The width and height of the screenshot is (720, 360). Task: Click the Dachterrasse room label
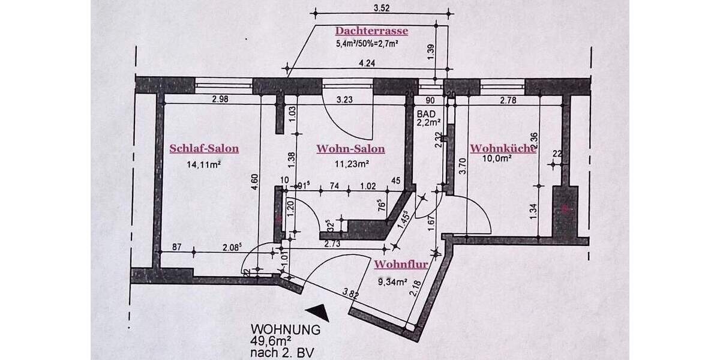[x=371, y=31]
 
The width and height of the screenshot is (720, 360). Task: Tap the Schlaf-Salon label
[x=204, y=149]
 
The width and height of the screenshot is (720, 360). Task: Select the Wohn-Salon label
[x=351, y=149]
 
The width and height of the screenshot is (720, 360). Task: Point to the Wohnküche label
[x=502, y=149]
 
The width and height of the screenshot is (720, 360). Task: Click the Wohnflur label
[x=401, y=264]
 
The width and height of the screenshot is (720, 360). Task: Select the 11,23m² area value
[x=351, y=162]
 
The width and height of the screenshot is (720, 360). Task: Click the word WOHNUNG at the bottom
[x=286, y=329]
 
